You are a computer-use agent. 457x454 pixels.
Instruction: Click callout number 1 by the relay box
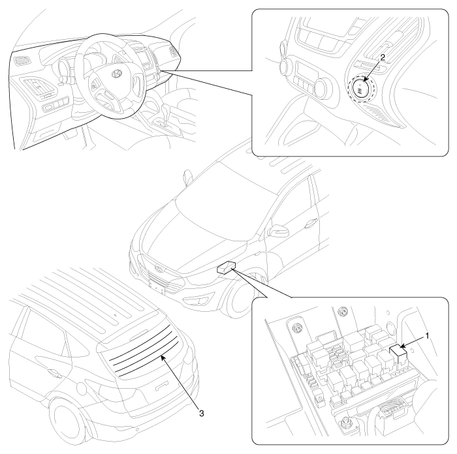pyautogui.click(x=427, y=336)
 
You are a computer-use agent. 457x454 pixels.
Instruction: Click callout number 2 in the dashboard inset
pyautogui.click(x=383, y=57)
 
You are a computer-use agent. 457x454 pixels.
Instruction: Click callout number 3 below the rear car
pyautogui.click(x=201, y=413)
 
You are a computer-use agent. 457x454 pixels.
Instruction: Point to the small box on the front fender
pyautogui.click(x=226, y=267)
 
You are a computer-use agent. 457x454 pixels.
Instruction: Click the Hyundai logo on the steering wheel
pyautogui.click(x=116, y=74)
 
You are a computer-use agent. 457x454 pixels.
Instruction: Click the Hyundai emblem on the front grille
pyautogui.click(x=158, y=268)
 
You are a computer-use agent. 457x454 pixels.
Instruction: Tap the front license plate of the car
pyautogui.click(x=157, y=286)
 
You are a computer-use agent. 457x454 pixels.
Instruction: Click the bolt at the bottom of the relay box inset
pyautogui.click(x=345, y=421)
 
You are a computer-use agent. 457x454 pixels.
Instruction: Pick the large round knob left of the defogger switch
pyautogui.click(x=320, y=87)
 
